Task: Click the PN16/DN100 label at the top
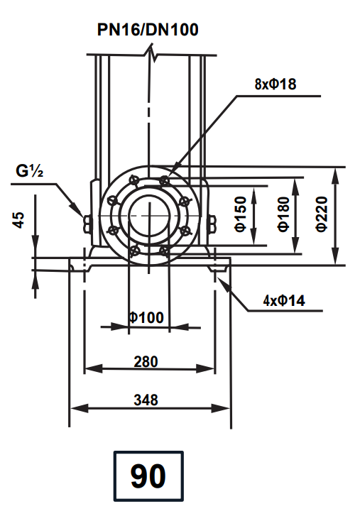tap(148, 30)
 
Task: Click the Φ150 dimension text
tap(241, 215)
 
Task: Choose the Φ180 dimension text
tap(283, 215)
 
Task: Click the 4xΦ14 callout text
tap(283, 301)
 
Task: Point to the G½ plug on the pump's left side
tap(87, 222)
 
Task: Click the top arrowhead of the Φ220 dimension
tap(337, 171)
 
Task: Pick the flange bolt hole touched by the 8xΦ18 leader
tap(165, 179)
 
